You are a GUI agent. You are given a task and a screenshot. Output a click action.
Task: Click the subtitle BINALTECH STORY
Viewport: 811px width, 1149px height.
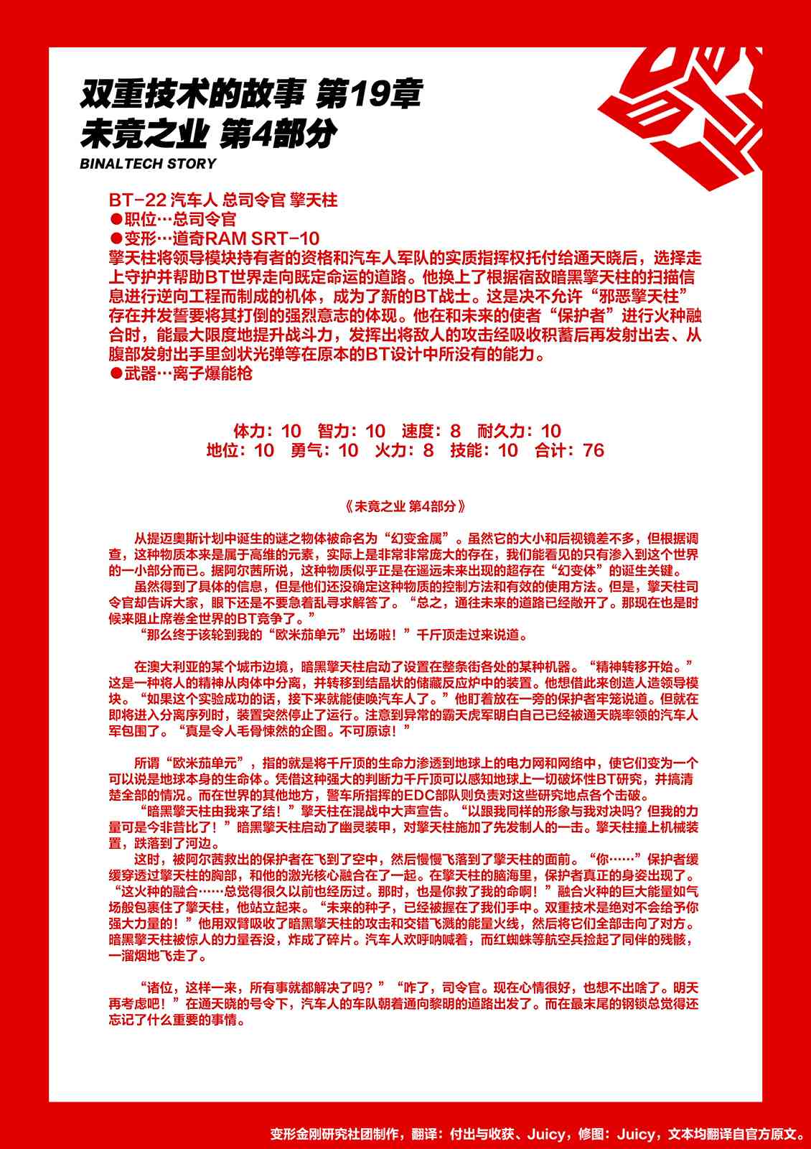pyautogui.click(x=148, y=164)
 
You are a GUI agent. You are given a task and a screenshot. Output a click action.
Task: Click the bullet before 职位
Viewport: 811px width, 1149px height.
pyautogui.click(x=115, y=220)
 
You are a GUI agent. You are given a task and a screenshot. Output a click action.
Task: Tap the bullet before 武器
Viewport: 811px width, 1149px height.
pyautogui.click(x=115, y=373)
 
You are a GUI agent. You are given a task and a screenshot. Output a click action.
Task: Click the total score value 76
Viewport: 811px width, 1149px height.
pyautogui.click(x=594, y=450)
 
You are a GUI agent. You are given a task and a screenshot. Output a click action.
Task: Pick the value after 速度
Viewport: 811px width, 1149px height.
pyautogui.click(x=455, y=431)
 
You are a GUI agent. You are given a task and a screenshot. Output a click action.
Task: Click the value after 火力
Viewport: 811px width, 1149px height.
pyautogui.click(x=428, y=450)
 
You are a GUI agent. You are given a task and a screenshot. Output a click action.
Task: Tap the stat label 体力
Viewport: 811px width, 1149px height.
pyautogui.click(x=250, y=431)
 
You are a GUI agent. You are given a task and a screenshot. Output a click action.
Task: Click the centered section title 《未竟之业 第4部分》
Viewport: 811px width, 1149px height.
pyautogui.click(x=405, y=506)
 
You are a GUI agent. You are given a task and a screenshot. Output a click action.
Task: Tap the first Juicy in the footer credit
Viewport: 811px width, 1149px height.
pyautogui.click(x=546, y=1134)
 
